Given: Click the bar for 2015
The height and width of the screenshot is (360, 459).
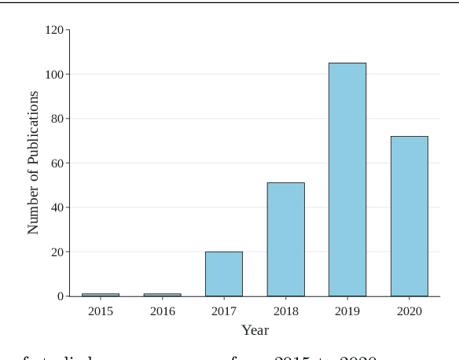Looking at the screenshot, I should tap(101, 295).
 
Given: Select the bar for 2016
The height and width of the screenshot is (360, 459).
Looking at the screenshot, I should tap(162, 295).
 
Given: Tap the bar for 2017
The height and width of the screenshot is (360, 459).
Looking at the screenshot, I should tap(224, 274).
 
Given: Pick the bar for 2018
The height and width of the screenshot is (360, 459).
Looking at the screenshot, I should tap(285, 240).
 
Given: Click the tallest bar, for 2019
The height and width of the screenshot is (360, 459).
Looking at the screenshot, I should tap(347, 179).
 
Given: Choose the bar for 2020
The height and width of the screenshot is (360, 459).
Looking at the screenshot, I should tap(409, 216).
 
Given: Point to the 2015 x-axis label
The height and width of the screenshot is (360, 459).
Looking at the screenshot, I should tap(101, 311).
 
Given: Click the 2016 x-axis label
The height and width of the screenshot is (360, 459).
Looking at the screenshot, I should tap(162, 311).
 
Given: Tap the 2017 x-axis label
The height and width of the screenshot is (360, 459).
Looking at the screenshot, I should tap(224, 311).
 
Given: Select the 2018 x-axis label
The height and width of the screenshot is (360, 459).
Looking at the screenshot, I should tap(285, 311).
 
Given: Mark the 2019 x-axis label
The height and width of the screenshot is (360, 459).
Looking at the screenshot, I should tap(347, 311).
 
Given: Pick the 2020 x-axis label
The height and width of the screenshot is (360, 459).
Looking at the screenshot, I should tap(409, 311).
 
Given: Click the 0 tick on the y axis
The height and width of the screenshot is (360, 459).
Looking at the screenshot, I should tap(61, 296).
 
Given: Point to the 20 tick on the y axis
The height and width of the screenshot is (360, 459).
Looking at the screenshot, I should tap(57, 252).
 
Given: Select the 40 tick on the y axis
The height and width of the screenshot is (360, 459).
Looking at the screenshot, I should tap(57, 208).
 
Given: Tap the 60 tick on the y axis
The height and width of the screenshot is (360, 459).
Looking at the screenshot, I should tap(57, 163).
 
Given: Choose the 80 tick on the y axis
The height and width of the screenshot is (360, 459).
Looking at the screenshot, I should tap(57, 119).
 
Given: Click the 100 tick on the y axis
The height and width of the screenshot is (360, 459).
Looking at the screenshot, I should tap(54, 75).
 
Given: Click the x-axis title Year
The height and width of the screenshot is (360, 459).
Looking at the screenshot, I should tap(255, 330).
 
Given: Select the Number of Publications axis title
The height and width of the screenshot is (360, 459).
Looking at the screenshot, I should tap(33, 163).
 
